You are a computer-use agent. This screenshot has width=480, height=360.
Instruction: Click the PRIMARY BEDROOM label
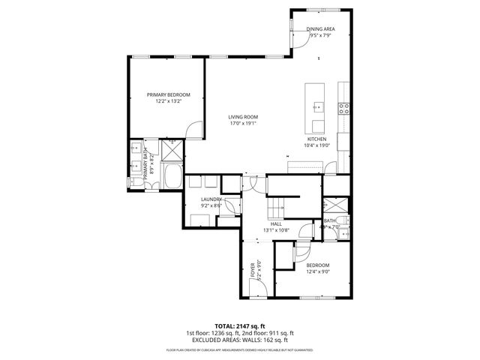(168, 94)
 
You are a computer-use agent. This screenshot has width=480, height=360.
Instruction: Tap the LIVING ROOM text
(244, 117)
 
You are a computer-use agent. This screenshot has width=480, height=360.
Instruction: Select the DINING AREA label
(320, 29)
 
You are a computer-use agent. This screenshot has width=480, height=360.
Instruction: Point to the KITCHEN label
(315, 139)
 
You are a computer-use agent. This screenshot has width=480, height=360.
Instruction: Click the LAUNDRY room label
(211, 199)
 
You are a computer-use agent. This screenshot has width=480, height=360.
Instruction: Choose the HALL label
(276, 223)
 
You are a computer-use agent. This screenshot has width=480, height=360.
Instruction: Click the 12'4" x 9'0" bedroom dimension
(318, 272)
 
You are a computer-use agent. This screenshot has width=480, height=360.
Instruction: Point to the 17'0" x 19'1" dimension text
(244, 124)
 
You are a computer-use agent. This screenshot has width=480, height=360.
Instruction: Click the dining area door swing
(298, 39)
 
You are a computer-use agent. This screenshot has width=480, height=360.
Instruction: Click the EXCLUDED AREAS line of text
(240, 340)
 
